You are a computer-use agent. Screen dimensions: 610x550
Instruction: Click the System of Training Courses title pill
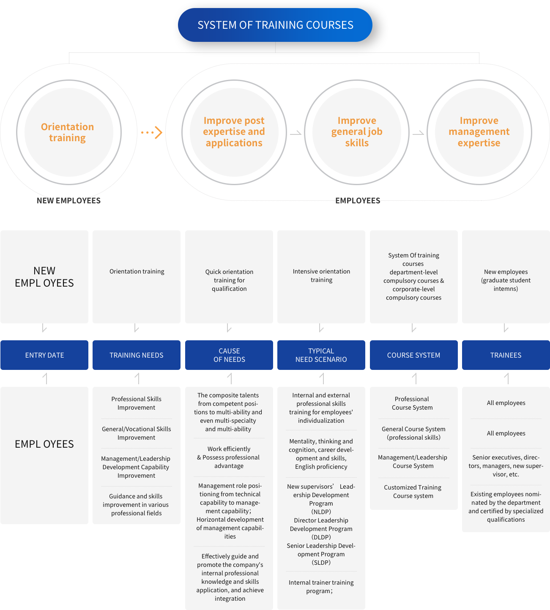coord(275,25)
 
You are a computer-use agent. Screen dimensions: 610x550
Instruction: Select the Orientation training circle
coord(69,132)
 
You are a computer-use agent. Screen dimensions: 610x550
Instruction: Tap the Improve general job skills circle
coord(357,132)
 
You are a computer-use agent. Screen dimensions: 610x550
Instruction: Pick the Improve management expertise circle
coord(479,132)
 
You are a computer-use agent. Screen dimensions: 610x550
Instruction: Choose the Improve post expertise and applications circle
coord(234,132)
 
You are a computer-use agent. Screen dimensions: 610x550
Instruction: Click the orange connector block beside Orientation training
coord(152,132)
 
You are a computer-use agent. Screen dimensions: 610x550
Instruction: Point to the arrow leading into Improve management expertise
coord(418,133)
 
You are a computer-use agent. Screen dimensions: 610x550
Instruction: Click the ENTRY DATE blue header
coord(44,355)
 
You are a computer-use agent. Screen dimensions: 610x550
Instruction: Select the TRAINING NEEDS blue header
coord(136,355)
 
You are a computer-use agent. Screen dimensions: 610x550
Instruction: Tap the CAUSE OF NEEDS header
coord(229,355)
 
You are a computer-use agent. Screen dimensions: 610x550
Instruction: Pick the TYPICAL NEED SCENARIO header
coord(321,355)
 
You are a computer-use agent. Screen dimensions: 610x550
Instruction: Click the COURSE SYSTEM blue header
coord(413,355)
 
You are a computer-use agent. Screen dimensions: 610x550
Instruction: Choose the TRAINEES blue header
coord(506,355)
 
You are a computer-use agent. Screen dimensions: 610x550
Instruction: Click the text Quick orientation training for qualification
coord(229,280)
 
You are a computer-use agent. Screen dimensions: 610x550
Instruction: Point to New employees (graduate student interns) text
coord(506,280)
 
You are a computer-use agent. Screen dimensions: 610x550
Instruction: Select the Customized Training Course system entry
coord(413,492)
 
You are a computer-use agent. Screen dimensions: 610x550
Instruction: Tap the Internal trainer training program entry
coord(321,587)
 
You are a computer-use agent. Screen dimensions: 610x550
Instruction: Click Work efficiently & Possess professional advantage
coord(229,457)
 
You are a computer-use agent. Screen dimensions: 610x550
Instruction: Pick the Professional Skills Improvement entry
coord(136,403)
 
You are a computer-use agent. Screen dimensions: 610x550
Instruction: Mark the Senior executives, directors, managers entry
coord(506,466)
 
